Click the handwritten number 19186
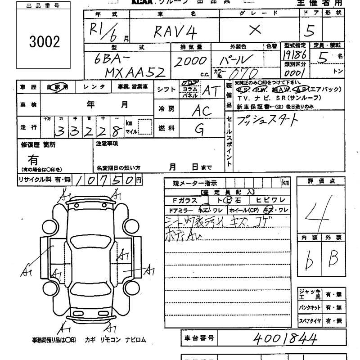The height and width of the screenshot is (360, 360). (x=295, y=55)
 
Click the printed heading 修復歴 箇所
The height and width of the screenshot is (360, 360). (x=38, y=145)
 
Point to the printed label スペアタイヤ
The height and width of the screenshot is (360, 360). (x=310, y=321)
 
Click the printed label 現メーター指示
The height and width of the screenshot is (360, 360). (x=194, y=183)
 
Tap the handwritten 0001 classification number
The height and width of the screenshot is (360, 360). (x=295, y=72)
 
